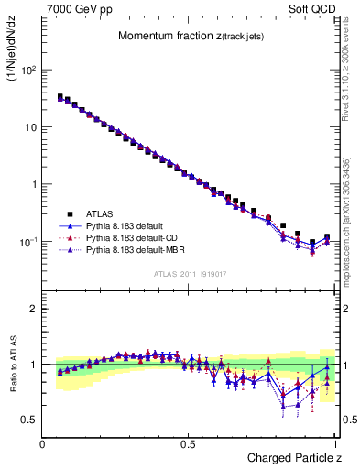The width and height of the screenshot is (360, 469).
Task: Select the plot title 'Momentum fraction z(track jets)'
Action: (191, 37)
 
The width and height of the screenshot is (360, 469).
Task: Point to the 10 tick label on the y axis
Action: (30, 127)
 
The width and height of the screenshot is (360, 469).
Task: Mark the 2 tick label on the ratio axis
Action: (33, 309)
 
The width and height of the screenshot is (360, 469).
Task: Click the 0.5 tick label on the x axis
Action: (189, 443)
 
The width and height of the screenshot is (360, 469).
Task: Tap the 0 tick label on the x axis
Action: (43, 443)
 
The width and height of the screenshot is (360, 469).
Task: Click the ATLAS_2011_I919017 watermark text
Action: (190, 273)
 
